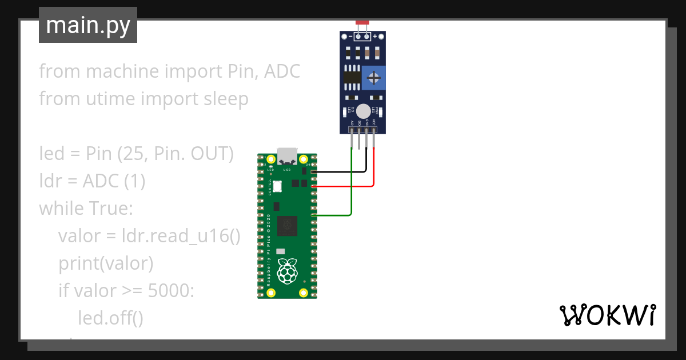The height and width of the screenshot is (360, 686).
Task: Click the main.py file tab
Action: pos(87,25)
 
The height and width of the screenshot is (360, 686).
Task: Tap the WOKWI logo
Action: pos(607,315)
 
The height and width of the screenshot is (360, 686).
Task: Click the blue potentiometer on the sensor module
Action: pos(373,77)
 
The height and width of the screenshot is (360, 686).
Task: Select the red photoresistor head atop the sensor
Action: pos(362,23)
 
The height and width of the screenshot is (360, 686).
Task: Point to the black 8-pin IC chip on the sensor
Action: pos(352,77)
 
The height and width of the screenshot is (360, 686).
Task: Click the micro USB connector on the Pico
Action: pos(286,156)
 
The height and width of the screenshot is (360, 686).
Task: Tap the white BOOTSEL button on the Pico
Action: pos(278,186)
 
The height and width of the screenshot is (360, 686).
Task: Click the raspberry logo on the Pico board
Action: pos(287,271)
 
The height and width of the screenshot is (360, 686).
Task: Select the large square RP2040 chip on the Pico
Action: pos(286,226)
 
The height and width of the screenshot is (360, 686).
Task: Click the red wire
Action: pos(374,171)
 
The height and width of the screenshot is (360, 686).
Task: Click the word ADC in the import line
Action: pos(282,72)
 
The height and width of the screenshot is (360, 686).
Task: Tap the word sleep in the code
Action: pos(226,99)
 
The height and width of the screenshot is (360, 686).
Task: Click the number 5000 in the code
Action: pos(171,291)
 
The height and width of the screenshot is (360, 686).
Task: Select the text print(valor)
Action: pos(106,263)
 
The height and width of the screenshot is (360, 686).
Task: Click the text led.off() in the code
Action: pos(110,318)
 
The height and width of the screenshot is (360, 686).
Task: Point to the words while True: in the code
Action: pos(86,209)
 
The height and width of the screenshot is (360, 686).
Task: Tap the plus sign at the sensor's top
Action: pos(376,37)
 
